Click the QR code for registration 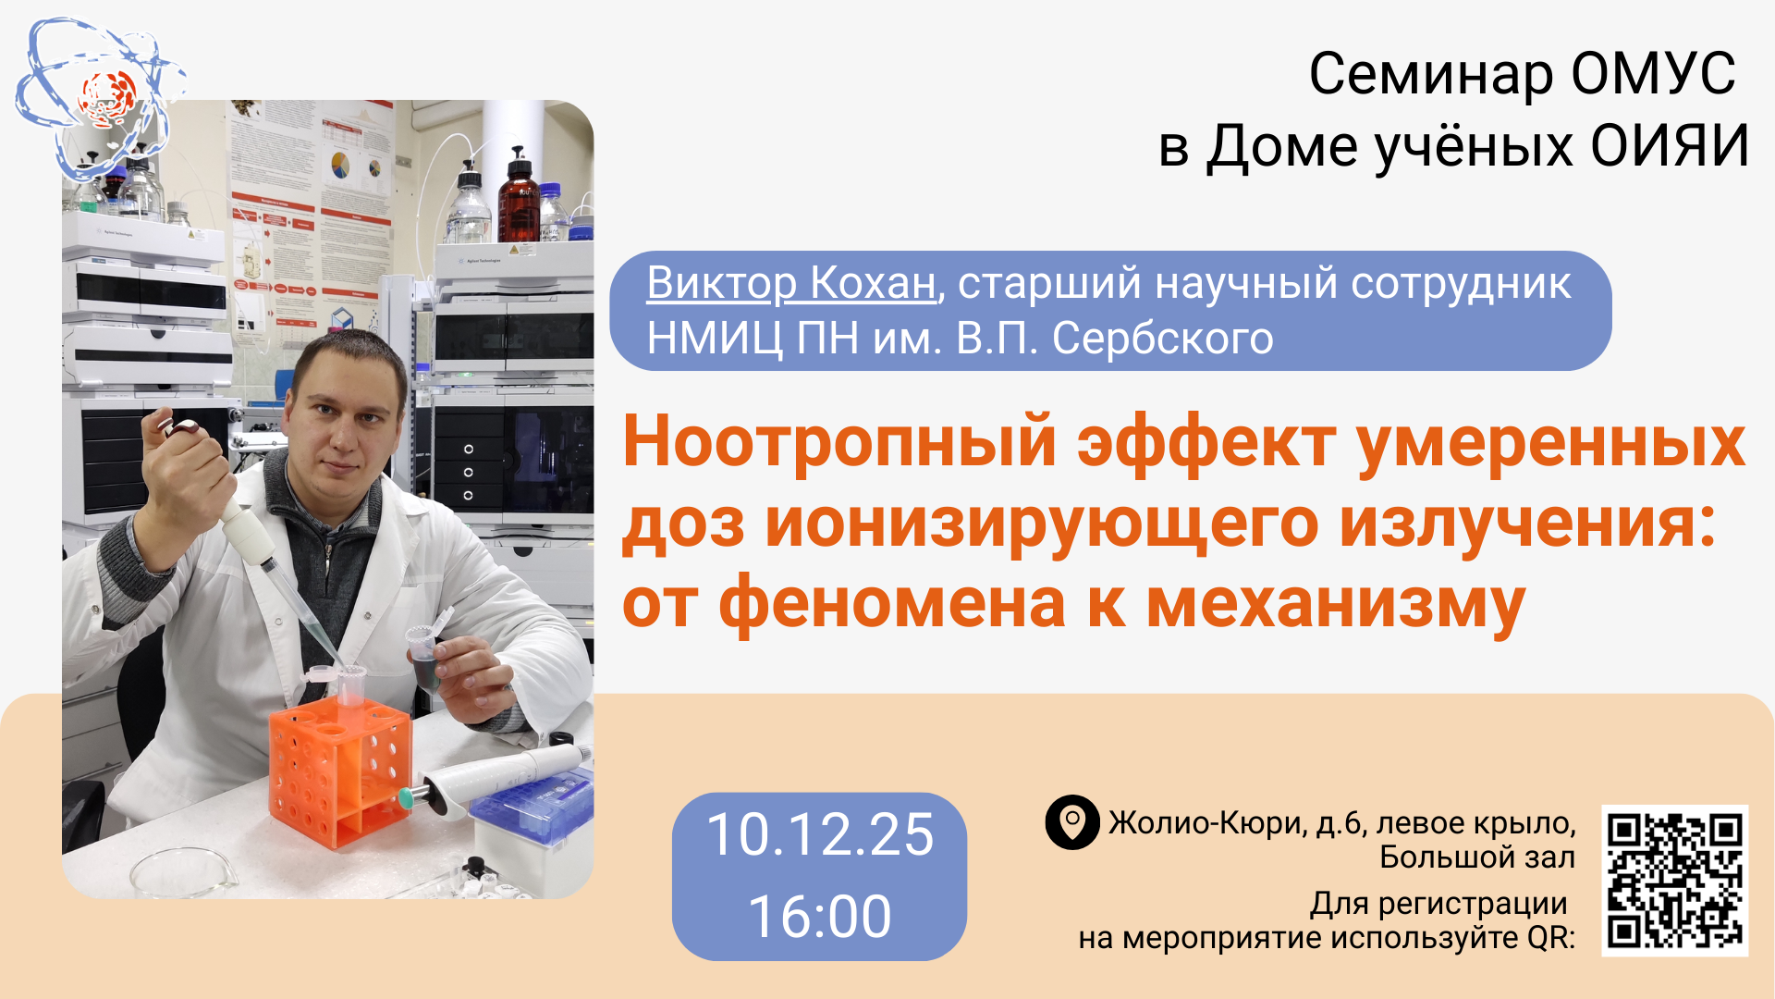click(1674, 880)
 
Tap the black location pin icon click(1072, 821)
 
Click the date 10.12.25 click(820, 834)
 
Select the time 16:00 click(820, 916)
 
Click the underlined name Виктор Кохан click(791, 282)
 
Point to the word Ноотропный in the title click(839, 443)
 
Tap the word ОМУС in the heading click(1653, 73)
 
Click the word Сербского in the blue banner click(1162, 339)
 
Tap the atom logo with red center click(100, 98)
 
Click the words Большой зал click(1476, 857)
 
